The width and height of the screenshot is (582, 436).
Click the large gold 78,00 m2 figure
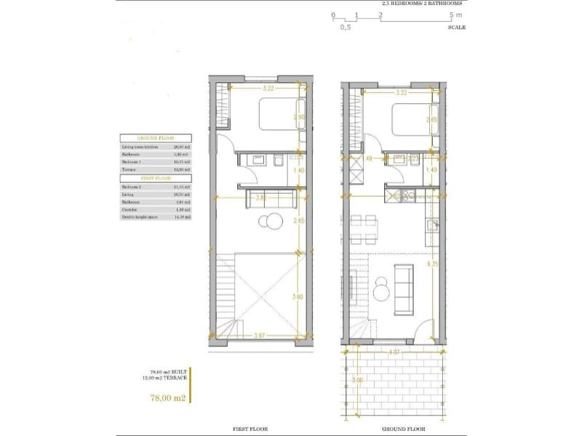pos(167,398)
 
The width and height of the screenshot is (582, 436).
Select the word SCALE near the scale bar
pos(457,27)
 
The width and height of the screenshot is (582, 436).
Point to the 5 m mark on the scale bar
pos(454,15)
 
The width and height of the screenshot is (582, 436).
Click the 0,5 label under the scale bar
pos(345,27)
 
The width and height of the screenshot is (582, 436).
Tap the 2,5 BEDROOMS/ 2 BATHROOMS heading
pos(421,4)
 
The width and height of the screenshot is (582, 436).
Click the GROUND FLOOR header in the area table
pos(156,138)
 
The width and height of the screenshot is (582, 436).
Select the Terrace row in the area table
pos(156,169)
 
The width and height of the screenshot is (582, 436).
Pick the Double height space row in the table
pos(156,217)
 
